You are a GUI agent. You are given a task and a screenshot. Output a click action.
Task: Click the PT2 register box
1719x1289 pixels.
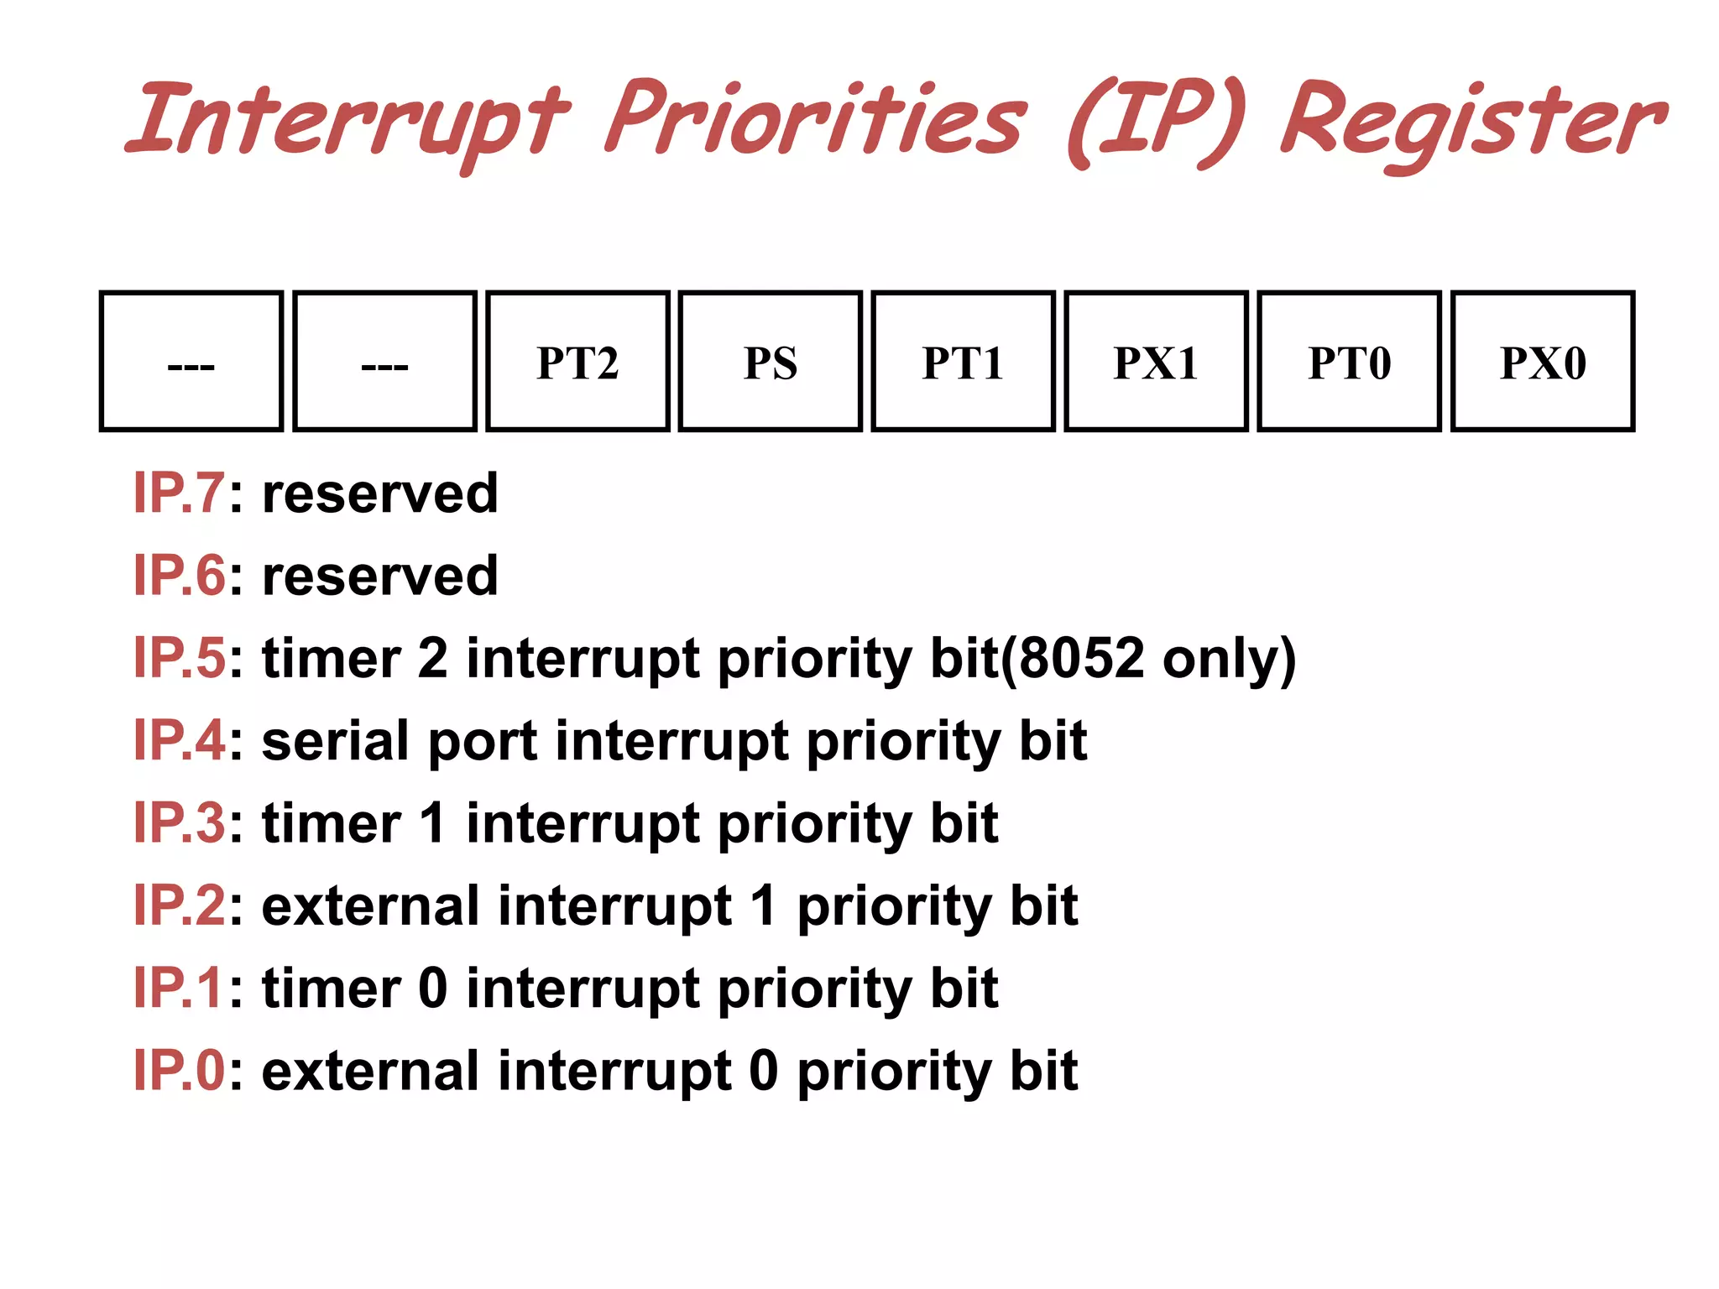[577, 362]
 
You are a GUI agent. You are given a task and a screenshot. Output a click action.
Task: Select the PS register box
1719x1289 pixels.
[770, 362]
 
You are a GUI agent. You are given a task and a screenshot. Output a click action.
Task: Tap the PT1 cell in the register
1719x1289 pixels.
[963, 362]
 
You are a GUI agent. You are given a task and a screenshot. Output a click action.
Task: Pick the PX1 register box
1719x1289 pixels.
[1156, 362]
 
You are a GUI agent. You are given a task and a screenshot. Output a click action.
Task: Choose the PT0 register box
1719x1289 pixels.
[1349, 362]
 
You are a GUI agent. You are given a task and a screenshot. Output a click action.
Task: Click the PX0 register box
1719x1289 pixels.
[1542, 362]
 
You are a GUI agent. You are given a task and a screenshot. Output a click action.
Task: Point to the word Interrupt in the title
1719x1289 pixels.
[348, 122]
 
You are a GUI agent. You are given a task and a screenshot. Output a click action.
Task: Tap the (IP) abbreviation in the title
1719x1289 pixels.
[1154, 122]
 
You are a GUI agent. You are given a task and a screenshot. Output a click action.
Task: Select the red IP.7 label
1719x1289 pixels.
[179, 493]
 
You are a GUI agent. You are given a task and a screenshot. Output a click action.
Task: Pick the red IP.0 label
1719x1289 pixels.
[179, 1070]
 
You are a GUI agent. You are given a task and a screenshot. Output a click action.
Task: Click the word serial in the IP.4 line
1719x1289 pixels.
[336, 740]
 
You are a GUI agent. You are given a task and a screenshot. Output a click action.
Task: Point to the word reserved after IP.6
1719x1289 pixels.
[380, 576]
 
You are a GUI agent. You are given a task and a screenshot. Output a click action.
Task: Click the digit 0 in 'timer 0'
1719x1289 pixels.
[432, 988]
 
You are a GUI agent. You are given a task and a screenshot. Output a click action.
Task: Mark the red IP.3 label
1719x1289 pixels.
[179, 822]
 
